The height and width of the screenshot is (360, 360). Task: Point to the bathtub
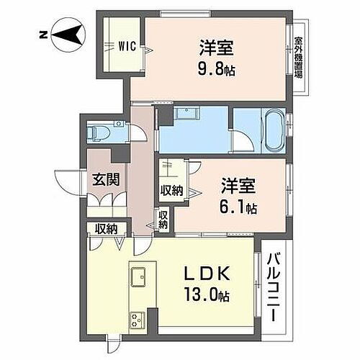click(x=273, y=131)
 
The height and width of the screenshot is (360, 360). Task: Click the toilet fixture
click(x=99, y=131)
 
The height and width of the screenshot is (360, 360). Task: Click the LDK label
click(x=208, y=274)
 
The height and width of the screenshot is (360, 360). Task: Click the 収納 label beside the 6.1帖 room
click(x=171, y=190)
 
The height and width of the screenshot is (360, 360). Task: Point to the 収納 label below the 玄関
click(x=106, y=230)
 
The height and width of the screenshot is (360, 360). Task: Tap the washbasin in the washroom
click(x=188, y=114)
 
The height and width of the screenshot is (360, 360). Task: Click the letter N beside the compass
click(x=42, y=33)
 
